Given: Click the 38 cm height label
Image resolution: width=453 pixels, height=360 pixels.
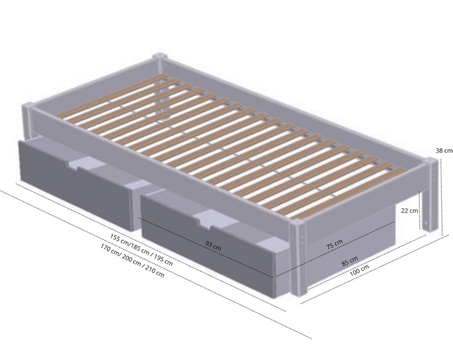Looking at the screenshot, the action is (444, 151).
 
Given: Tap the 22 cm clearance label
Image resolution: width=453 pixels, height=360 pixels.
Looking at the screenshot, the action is (409, 211).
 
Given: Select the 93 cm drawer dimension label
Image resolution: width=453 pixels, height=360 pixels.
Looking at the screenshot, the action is (213, 245).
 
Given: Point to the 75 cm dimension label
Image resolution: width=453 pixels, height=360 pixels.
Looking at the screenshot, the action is (334, 244).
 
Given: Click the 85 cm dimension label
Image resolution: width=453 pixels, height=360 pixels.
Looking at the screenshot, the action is (350, 261).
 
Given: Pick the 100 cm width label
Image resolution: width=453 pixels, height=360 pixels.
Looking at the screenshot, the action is (359, 270).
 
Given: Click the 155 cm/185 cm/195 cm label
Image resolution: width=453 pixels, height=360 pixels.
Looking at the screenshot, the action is (141, 249).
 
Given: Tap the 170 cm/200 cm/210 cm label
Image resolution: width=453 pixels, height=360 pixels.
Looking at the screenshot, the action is (132, 260).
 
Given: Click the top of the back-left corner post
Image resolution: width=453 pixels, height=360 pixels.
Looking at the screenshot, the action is (159, 56).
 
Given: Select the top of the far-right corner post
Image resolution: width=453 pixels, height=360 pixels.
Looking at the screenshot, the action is (431, 160).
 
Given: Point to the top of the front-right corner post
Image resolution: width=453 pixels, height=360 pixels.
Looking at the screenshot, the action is (296, 222).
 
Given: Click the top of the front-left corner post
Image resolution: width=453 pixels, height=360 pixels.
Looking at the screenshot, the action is (28, 105).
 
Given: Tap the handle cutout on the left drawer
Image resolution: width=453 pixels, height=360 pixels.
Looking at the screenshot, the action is (87, 164).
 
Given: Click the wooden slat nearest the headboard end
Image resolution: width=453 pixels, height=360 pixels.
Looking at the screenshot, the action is (111, 96).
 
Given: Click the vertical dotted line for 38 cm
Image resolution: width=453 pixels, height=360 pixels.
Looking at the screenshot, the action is (442, 196).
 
